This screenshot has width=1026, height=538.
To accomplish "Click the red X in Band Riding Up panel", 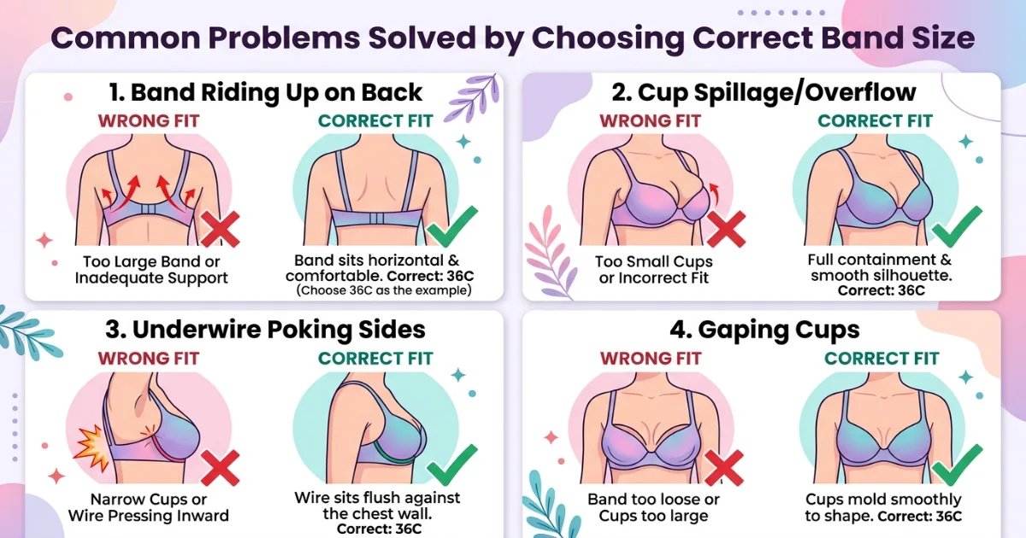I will tap(220, 230).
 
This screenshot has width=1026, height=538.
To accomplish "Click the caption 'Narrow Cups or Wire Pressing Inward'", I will tap(149, 507).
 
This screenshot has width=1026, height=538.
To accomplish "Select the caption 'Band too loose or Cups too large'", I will tap(653, 507).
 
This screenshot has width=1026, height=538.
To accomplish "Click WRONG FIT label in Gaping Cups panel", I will tap(650, 358).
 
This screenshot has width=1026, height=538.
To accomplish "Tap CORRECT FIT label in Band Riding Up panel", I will tap(375, 120).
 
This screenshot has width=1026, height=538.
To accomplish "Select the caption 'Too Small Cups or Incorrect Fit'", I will tap(654, 270).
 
